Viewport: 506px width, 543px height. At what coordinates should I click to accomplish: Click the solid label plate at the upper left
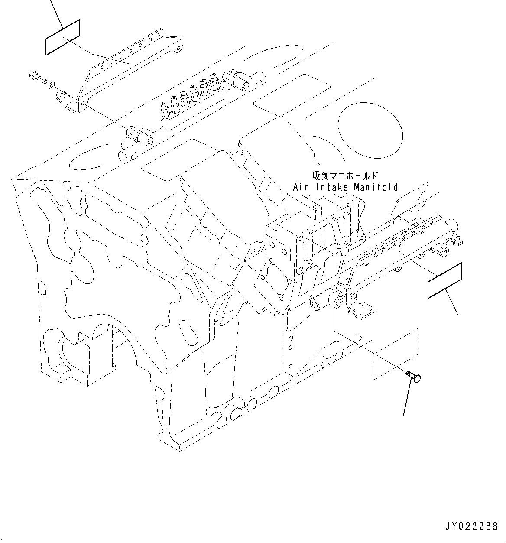[x=63, y=37]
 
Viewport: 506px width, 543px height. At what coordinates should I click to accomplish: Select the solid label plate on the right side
[x=445, y=280]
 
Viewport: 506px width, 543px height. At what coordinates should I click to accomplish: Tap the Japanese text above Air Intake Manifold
[x=345, y=176]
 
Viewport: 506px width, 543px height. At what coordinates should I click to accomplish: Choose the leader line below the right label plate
[x=451, y=305]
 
